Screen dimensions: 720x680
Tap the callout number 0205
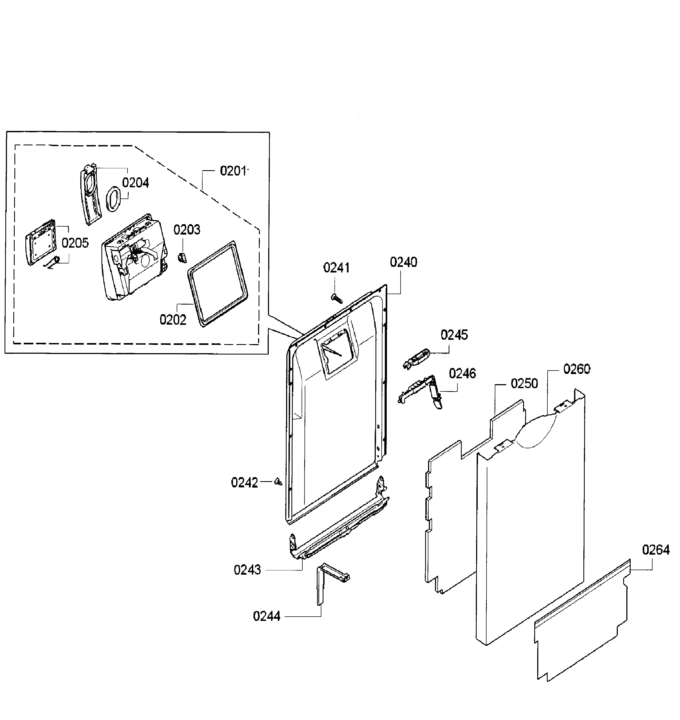click(x=75, y=243)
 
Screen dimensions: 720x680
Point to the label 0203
click(x=187, y=230)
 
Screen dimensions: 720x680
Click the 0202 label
click(x=173, y=320)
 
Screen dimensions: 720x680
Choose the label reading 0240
click(x=404, y=262)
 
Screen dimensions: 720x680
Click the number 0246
click(x=462, y=373)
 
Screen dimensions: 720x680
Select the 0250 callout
click(x=524, y=384)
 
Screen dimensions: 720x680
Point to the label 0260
click(x=577, y=369)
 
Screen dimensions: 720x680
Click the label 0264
click(x=656, y=550)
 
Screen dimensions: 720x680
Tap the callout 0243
click(x=247, y=570)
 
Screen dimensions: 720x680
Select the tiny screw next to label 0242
click(x=278, y=482)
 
